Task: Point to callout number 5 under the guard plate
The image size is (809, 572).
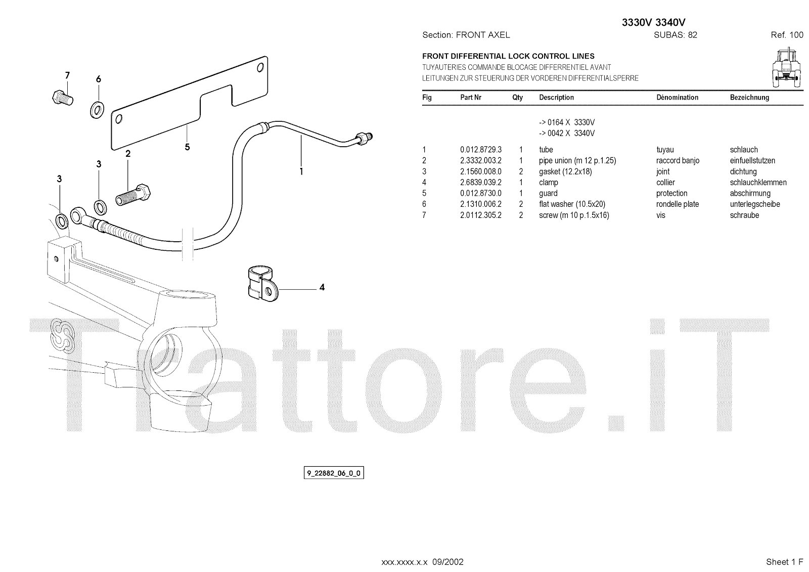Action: [x=188, y=147]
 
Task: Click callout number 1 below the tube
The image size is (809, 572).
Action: [x=301, y=171]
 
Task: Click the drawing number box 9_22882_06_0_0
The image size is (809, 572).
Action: [x=334, y=473]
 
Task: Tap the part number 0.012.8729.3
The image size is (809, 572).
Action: [x=480, y=150]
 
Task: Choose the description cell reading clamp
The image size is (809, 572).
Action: [x=549, y=183]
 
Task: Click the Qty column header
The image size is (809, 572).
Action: [x=517, y=98]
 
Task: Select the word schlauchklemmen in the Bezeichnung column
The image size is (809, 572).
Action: [x=758, y=183]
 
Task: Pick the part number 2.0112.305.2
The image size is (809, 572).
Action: [x=480, y=215]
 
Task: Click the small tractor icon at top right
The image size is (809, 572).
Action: [x=786, y=67]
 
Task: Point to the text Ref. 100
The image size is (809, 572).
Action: [x=787, y=35]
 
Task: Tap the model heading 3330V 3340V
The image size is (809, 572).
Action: [x=653, y=22]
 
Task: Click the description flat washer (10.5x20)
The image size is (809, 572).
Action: [x=572, y=204]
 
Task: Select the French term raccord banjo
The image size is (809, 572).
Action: [x=678, y=161]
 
